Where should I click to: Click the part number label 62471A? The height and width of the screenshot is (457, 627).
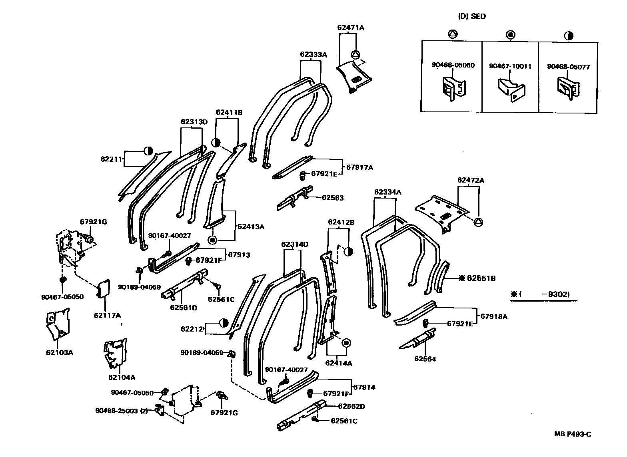(351, 28)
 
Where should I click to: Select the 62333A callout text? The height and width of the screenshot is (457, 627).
(313, 55)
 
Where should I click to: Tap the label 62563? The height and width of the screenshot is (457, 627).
(333, 198)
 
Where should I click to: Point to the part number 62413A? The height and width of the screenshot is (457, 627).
(251, 227)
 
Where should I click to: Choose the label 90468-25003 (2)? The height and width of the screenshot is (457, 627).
(122, 411)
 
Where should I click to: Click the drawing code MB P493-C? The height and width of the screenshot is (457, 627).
(572, 434)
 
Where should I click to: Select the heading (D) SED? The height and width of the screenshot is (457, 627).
(472, 16)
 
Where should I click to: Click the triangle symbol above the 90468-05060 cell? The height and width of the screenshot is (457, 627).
(452, 34)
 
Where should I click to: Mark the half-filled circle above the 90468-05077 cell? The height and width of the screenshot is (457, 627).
(568, 36)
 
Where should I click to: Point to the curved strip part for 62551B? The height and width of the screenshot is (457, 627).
(441, 277)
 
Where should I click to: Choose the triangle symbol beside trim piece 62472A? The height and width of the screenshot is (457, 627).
(478, 222)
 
